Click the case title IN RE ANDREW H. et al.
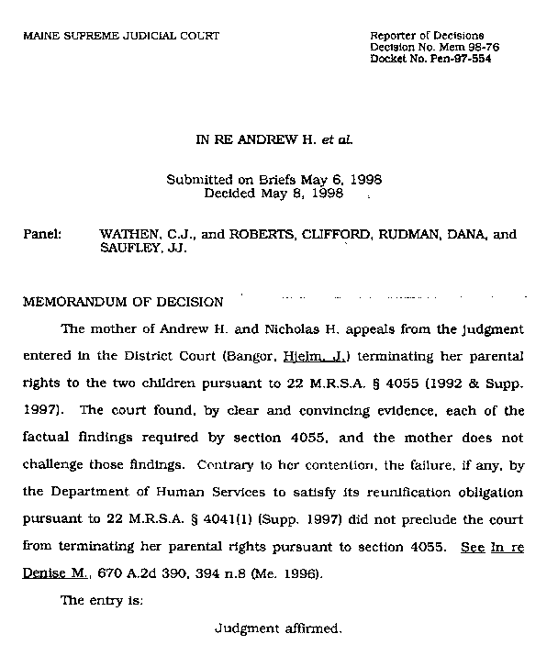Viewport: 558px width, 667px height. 274,142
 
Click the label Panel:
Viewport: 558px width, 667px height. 41,235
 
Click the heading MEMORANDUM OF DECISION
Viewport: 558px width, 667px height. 123,302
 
